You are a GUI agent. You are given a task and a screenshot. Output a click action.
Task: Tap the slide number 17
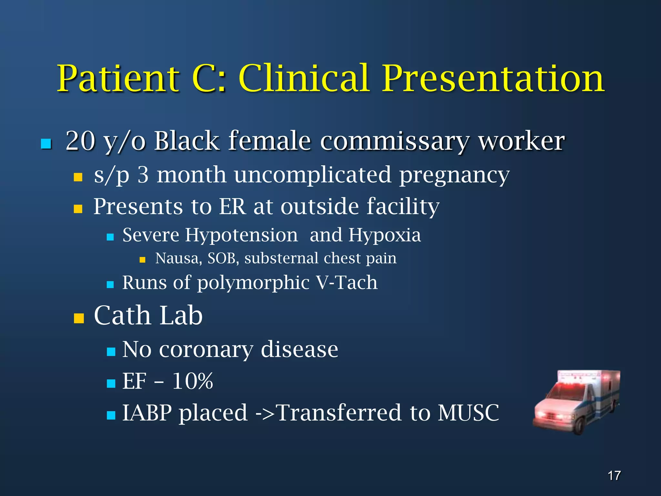click(x=614, y=476)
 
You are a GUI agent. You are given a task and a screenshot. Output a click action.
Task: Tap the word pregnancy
click(x=454, y=175)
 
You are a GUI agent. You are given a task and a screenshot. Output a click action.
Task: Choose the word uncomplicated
click(x=312, y=175)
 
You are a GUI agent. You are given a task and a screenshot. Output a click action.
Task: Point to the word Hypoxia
click(x=384, y=235)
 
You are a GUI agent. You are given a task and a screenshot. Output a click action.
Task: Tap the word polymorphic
click(x=253, y=283)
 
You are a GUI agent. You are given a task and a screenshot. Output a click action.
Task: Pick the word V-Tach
click(x=347, y=283)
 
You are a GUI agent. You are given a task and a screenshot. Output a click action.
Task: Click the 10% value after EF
click(x=193, y=381)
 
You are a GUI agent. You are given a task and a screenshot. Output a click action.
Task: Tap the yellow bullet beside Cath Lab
click(x=79, y=318)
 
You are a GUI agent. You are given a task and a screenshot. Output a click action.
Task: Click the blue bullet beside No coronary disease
click(x=111, y=351)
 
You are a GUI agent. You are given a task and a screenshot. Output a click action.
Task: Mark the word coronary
click(x=206, y=350)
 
